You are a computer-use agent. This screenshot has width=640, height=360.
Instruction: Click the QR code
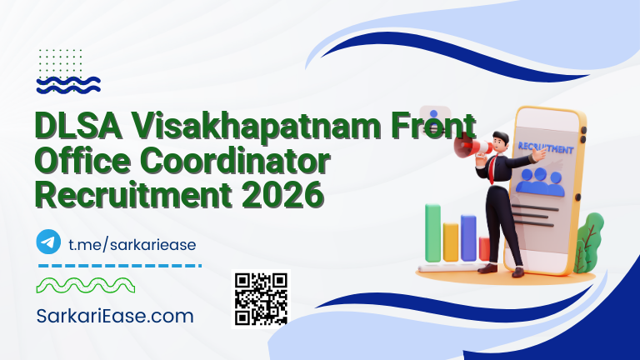(x=261, y=298)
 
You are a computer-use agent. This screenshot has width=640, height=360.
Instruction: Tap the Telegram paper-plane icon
(x=49, y=242)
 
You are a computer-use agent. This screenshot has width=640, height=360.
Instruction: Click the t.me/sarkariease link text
(x=132, y=243)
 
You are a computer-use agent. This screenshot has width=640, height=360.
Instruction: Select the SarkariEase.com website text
(x=116, y=316)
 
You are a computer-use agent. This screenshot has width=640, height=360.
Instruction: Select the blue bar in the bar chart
(x=468, y=237)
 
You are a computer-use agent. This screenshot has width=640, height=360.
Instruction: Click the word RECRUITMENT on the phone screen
(x=545, y=148)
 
